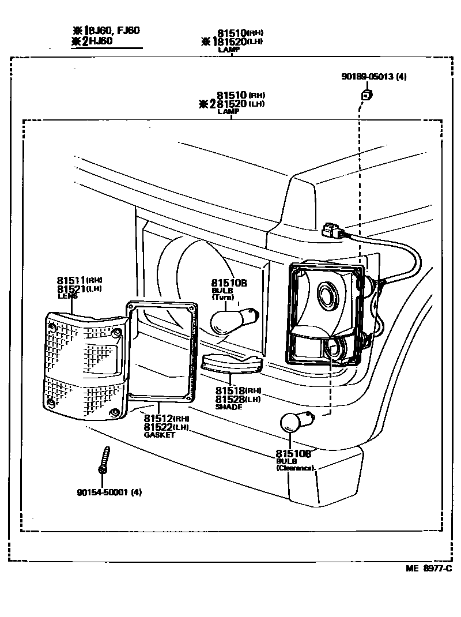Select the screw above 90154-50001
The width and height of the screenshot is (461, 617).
tap(104, 460)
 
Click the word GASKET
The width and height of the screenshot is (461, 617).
tap(160, 434)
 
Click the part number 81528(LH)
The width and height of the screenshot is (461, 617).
tap(229, 399)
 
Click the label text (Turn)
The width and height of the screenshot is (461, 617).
tap(222, 298)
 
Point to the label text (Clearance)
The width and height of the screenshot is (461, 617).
tap(296, 468)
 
